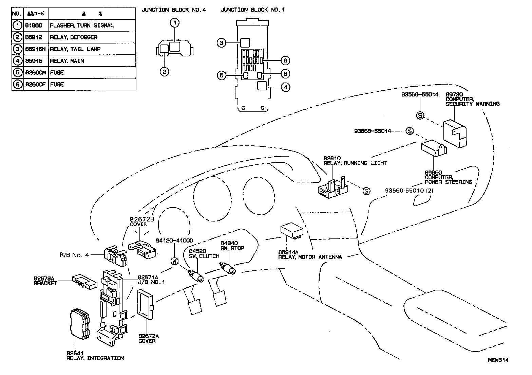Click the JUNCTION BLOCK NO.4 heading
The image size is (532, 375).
pyautogui.click(x=173, y=10)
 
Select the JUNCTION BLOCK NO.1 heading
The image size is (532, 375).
pyautogui.click(x=252, y=10)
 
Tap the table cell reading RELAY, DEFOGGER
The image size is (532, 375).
pyautogui.click(x=74, y=37)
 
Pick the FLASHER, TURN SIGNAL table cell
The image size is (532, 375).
pyautogui.click(x=82, y=25)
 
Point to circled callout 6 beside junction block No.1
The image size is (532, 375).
pyautogui.click(x=285, y=60)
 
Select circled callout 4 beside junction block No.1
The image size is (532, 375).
pyautogui.click(x=285, y=87)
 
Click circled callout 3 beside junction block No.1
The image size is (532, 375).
pyautogui.click(x=222, y=42)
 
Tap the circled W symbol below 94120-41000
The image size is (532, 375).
pyautogui.click(x=174, y=261)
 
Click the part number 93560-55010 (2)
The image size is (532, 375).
pyautogui.click(x=409, y=191)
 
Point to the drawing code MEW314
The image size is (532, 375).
pyautogui.click(x=498, y=360)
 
